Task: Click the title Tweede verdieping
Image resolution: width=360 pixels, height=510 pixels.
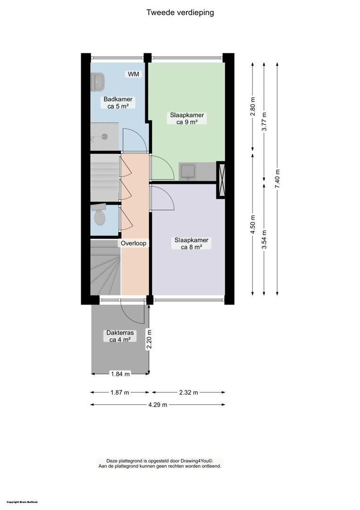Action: (x=180, y=13)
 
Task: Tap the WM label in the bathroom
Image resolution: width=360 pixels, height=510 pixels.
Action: (x=133, y=74)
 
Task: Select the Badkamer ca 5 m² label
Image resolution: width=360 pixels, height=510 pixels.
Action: (x=117, y=103)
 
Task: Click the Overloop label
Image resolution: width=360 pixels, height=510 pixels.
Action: (x=134, y=243)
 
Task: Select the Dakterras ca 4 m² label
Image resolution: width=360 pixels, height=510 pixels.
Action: (x=120, y=336)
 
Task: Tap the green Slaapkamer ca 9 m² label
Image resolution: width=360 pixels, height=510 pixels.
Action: (x=187, y=119)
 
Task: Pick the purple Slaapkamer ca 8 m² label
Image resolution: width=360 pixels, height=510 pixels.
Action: (x=192, y=244)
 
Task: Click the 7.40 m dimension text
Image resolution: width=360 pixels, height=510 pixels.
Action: (x=277, y=179)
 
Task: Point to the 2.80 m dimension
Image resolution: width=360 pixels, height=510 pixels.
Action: (x=253, y=106)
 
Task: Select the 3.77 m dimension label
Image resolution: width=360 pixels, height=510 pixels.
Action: (x=265, y=121)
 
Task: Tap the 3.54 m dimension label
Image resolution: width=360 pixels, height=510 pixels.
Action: (x=265, y=239)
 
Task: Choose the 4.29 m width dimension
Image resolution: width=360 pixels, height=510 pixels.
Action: (x=158, y=405)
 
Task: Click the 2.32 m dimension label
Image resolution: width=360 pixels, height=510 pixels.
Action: (x=188, y=392)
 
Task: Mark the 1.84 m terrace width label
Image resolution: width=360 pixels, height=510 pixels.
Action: (x=120, y=374)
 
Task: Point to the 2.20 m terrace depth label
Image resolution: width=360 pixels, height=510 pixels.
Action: (x=149, y=339)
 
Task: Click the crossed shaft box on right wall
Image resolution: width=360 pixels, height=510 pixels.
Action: (x=222, y=179)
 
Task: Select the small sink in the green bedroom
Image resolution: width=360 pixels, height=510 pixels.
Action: (x=188, y=172)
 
